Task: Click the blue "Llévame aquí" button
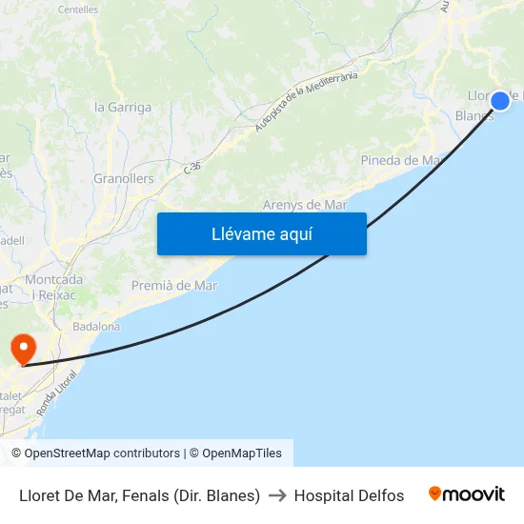(261, 233)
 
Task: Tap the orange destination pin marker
(21, 348)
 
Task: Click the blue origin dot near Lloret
(500, 100)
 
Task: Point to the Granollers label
(124, 178)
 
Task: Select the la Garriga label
(123, 108)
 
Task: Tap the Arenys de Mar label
(305, 205)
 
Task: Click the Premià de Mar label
(174, 285)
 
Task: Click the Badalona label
(96, 326)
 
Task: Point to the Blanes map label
(474, 116)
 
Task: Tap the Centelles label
(78, 10)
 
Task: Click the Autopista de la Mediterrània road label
(306, 101)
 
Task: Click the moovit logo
(467, 494)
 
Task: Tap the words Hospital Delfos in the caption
(349, 495)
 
